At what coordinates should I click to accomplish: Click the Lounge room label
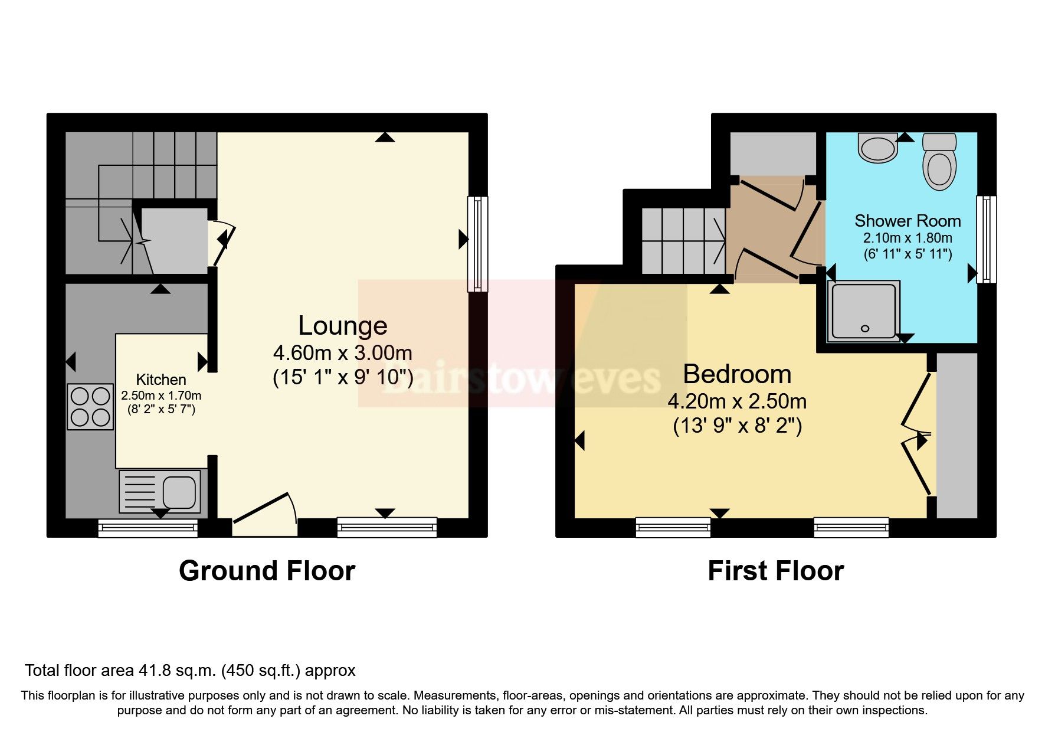342,325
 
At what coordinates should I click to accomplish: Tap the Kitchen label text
161,380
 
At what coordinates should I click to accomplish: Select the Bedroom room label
737,374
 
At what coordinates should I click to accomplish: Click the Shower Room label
908,221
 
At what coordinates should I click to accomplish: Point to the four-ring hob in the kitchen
90,406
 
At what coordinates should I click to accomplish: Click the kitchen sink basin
179,492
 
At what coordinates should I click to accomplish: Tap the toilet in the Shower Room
939,161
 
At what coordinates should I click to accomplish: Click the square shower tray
864,311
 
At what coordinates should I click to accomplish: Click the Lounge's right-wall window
477,244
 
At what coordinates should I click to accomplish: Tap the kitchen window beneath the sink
148,528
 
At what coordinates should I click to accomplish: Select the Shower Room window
986,240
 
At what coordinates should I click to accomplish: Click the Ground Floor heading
267,571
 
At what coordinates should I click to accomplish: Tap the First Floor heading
775,571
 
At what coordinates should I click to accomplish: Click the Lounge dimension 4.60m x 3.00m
342,353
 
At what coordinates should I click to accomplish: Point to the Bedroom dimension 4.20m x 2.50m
737,401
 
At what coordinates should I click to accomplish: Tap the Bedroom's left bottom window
673,528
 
